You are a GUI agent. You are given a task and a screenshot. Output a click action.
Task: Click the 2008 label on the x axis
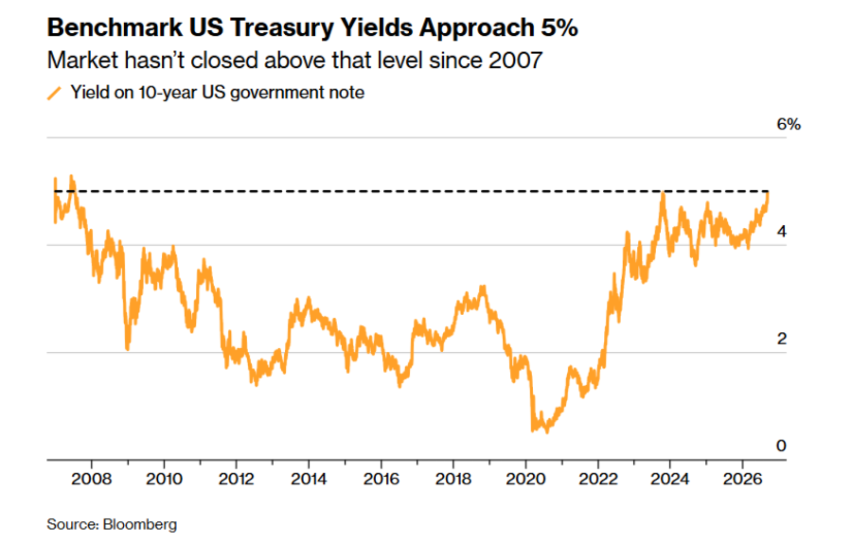(91, 479)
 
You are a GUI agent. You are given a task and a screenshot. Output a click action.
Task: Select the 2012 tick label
(237, 479)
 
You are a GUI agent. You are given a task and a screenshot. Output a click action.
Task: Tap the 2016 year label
(381, 479)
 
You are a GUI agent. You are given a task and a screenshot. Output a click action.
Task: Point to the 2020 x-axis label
(525, 479)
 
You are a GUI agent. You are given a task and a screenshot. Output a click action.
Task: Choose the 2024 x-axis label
(670, 479)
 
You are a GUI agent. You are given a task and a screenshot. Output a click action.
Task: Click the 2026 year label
(742, 479)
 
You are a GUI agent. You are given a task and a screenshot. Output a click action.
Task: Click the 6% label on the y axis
(789, 124)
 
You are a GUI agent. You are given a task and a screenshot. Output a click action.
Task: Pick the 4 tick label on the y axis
(781, 232)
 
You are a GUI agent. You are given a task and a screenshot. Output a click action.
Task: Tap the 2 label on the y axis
(781, 339)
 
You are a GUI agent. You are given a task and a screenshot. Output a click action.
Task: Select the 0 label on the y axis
(781, 446)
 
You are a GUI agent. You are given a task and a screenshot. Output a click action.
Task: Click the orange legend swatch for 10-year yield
(54, 93)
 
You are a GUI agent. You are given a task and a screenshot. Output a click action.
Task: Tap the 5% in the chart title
(559, 27)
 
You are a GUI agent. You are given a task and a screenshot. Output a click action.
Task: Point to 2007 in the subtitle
(516, 61)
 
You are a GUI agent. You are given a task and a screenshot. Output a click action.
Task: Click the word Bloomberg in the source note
(140, 524)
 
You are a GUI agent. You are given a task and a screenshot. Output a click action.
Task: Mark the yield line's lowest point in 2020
(546, 431)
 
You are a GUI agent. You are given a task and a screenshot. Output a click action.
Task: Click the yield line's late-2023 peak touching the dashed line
(663, 193)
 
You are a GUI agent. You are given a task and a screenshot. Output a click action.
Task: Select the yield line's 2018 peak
(483, 286)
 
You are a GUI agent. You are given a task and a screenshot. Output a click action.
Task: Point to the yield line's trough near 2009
(127, 349)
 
